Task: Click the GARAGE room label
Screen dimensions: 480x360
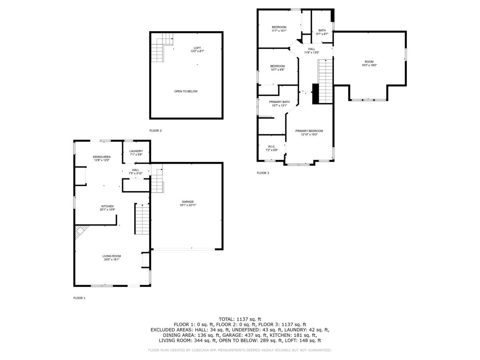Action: [x=188, y=202]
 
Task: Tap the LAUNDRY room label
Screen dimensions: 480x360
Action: [x=136, y=151]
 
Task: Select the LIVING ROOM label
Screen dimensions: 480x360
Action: [x=112, y=256]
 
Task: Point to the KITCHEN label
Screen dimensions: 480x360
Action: [x=107, y=206]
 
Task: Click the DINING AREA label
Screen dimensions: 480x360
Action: [x=102, y=157]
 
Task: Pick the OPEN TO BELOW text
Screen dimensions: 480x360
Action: [x=186, y=91]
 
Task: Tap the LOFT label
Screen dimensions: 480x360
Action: [x=197, y=48]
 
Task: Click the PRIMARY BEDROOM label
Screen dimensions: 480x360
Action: [x=309, y=131]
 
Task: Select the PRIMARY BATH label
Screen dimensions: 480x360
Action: [x=279, y=102]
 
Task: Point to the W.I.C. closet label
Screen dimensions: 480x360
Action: [x=272, y=146]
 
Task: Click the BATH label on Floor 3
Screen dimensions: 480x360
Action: [x=322, y=30]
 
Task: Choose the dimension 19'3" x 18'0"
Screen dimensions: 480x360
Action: [x=369, y=65]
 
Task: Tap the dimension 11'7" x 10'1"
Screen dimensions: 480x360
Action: [x=279, y=31]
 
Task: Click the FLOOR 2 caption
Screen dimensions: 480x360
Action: [x=156, y=131]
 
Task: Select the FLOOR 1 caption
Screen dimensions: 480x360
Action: [x=79, y=298]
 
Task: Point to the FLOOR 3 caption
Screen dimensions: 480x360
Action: [x=263, y=173]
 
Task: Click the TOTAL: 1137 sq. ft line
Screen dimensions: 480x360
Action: [x=240, y=319]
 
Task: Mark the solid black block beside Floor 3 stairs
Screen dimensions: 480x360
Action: [x=315, y=94]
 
